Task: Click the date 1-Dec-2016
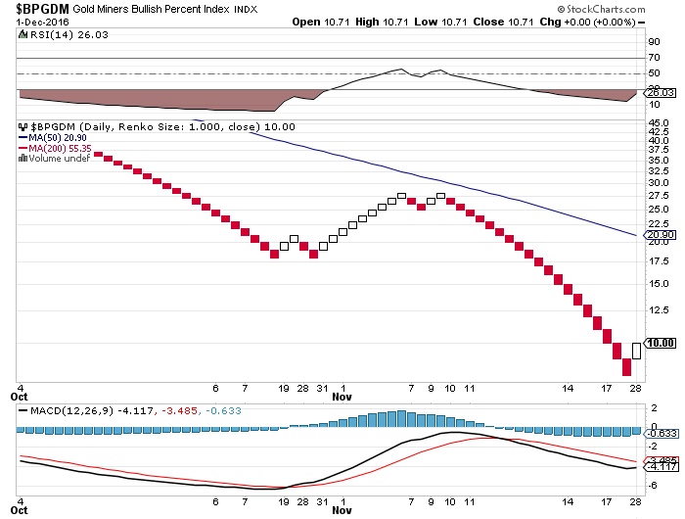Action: coord(32,23)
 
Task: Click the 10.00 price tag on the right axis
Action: coord(662,343)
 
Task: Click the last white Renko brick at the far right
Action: coord(637,350)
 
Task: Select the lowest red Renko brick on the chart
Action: coord(627,367)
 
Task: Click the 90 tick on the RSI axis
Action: coord(653,42)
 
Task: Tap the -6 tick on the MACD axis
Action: coord(652,485)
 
